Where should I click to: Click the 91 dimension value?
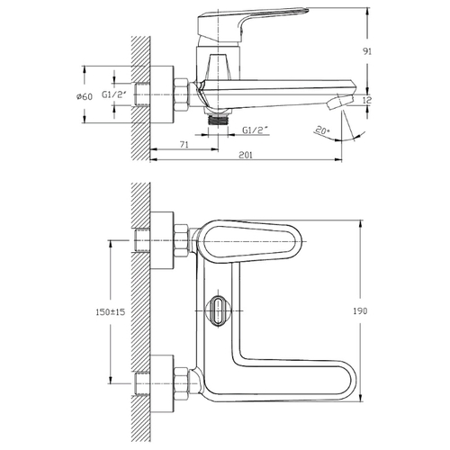point(367,51)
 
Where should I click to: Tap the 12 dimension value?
point(367,100)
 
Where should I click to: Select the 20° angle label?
point(322,130)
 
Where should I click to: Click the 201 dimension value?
point(246,155)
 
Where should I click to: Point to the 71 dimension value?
point(184,144)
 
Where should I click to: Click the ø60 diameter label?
point(85,96)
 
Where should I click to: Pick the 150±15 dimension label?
point(111,312)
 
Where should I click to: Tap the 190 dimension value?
point(360,310)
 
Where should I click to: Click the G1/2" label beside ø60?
point(114,94)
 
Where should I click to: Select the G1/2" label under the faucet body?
point(255,130)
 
